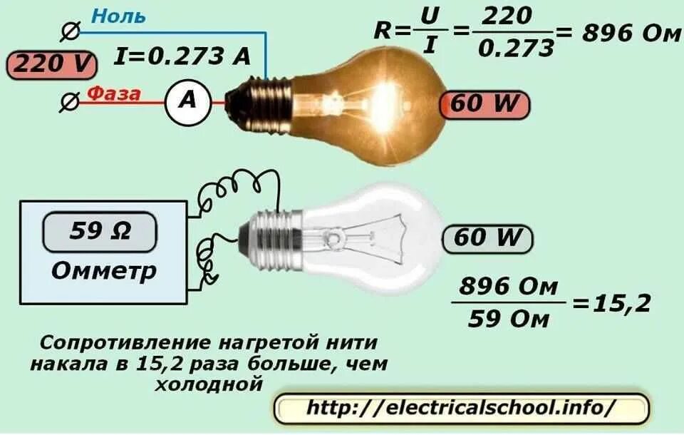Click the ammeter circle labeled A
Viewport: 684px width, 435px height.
point(188,102)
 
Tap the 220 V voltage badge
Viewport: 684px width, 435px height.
point(51,65)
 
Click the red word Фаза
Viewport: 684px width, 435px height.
point(114,94)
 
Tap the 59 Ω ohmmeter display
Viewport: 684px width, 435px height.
point(100,232)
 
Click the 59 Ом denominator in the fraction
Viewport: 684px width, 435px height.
point(508,319)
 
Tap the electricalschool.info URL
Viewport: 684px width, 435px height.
point(461,408)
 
